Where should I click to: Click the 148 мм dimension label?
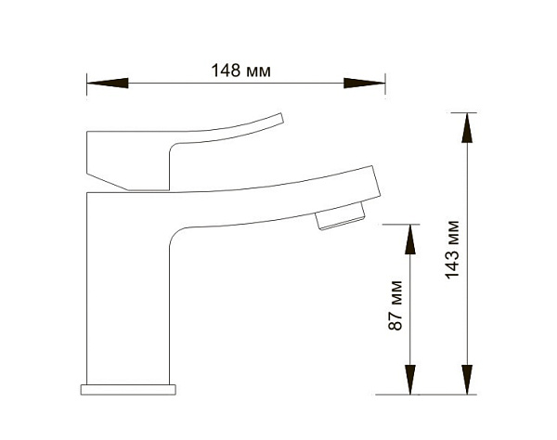(x=240, y=71)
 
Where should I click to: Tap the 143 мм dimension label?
(x=453, y=250)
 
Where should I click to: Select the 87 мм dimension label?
(x=395, y=305)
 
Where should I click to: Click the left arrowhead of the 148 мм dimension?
(x=108, y=84)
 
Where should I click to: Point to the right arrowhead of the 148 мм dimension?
(x=365, y=84)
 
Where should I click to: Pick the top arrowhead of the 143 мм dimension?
(x=467, y=128)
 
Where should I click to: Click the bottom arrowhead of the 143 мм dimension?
(x=467, y=380)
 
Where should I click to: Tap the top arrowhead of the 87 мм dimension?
(x=410, y=239)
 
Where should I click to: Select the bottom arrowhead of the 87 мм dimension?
(x=410, y=380)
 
